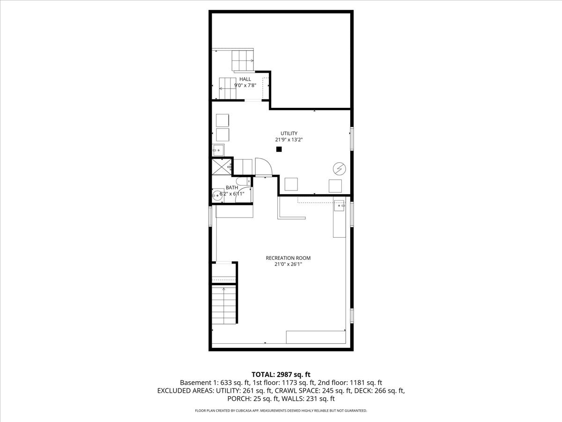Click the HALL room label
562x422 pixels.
tap(245, 79)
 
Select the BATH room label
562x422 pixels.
tap(232, 188)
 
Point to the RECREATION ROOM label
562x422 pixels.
tap(288, 258)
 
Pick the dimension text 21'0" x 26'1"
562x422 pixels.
tap(288, 264)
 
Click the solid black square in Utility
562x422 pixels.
tap(279, 149)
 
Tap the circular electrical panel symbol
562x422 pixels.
tap(339, 168)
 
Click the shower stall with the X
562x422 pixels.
tap(221, 167)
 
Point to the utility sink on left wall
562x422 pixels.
tap(218, 151)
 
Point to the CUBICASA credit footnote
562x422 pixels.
tap(281, 411)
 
